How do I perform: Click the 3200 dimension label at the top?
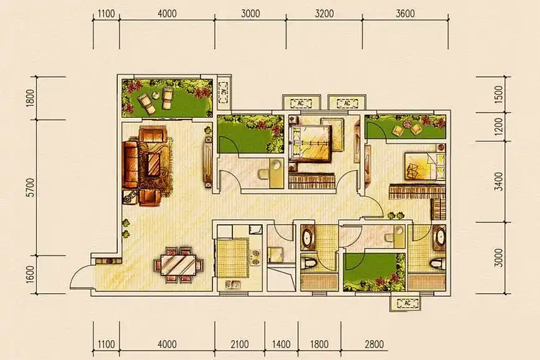(x=324, y=14)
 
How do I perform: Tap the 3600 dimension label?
(x=405, y=14)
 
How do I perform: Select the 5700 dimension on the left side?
(x=31, y=187)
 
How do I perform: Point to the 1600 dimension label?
(x=31, y=274)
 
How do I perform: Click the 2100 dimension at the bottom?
(x=240, y=344)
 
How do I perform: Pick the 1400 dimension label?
(x=281, y=344)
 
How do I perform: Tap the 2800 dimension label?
(x=374, y=344)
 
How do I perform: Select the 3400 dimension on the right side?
(x=498, y=181)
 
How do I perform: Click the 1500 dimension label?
(x=498, y=94)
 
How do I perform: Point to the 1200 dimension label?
(x=498, y=127)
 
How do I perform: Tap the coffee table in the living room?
(x=153, y=164)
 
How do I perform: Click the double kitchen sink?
(x=233, y=284)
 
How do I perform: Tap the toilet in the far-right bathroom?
(x=437, y=263)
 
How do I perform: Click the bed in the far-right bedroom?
(x=425, y=166)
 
